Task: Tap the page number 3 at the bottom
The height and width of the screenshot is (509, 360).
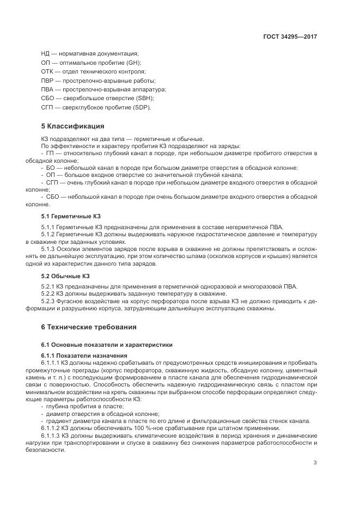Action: tap(315, 463)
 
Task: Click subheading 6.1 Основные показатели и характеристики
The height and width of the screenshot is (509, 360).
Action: tap(107, 345)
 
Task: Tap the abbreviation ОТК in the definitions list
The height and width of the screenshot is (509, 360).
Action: tap(47, 71)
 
